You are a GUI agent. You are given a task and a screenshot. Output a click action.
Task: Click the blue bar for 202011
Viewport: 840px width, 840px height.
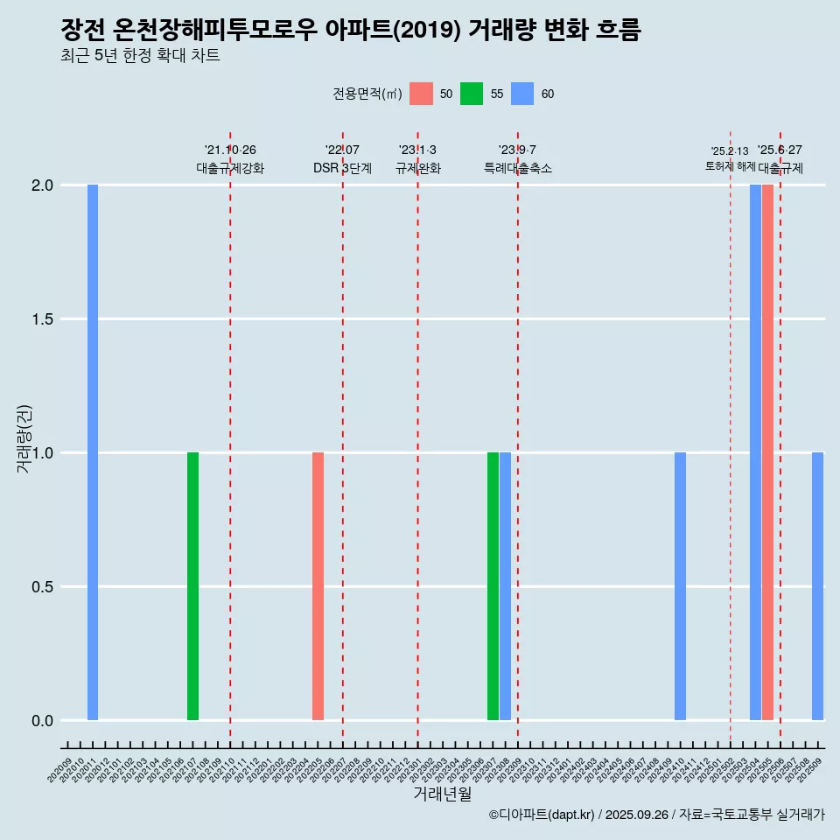93,452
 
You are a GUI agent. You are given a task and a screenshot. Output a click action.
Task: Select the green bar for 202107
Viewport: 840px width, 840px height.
192,586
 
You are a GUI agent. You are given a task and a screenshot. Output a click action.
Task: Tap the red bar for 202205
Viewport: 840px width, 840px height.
318,586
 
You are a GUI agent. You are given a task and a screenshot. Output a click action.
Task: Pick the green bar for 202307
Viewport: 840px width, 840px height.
493,586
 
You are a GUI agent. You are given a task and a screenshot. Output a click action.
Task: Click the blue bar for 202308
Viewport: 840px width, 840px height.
505,586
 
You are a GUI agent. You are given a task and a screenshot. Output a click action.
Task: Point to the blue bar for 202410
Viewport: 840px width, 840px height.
680,586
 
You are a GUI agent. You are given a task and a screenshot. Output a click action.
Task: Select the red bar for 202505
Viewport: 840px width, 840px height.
767,452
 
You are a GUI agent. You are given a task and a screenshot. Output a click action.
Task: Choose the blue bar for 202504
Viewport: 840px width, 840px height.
755,452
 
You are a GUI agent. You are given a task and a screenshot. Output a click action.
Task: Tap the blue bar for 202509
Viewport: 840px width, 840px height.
817,586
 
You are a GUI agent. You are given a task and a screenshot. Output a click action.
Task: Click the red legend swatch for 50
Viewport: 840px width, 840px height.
421,94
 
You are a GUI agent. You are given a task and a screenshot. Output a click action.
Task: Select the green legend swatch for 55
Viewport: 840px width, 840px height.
472,94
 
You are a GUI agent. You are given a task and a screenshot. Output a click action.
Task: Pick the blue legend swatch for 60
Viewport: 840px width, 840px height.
522,94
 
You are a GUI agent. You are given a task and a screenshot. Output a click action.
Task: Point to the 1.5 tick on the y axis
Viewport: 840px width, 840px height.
41,319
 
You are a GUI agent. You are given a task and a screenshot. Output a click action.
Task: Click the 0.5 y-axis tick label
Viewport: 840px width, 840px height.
41,587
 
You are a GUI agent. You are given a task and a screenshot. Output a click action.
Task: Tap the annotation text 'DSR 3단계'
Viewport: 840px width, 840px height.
342,168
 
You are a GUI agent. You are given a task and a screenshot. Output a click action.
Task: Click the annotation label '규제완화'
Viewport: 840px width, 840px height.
417,168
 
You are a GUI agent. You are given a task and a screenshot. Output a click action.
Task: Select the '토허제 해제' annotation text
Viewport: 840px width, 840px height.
730,166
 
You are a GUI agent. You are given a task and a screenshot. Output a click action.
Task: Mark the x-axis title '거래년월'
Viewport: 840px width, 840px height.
442,794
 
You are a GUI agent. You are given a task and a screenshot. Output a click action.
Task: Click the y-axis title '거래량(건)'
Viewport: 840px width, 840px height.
24,438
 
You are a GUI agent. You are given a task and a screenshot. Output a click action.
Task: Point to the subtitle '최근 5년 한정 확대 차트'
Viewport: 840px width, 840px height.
140,56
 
